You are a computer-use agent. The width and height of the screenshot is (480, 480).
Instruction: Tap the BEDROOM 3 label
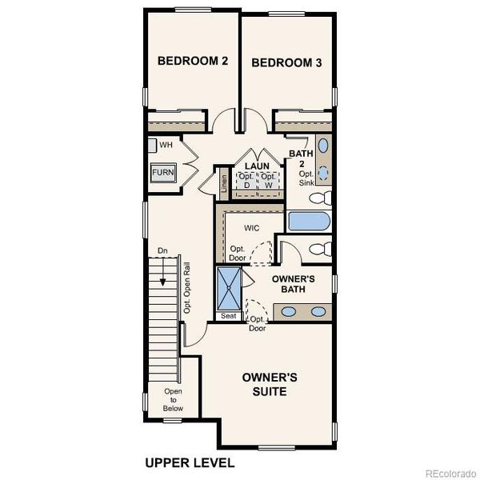click(x=286, y=62)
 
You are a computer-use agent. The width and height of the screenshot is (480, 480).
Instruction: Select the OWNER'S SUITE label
click(x=270, y=384)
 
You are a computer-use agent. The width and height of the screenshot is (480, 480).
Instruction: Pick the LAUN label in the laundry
click(x=257, y=166)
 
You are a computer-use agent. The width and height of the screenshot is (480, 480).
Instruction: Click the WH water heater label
click(x=166, y=145)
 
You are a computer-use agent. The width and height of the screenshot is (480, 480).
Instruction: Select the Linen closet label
click(x=224, y=185)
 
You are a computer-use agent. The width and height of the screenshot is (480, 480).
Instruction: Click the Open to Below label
click(x=174, y=399)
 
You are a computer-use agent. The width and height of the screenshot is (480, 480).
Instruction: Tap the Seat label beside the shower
click(x=228, y=316)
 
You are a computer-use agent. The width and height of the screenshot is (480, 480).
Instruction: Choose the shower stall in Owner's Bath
click(x=228, y=288)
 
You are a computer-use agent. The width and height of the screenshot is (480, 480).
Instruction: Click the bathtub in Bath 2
click(x=307, y=221)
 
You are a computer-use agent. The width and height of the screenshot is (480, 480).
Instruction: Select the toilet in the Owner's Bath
click(x=318, y=249)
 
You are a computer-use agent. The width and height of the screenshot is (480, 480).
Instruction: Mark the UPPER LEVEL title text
click(x=190, y=462)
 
